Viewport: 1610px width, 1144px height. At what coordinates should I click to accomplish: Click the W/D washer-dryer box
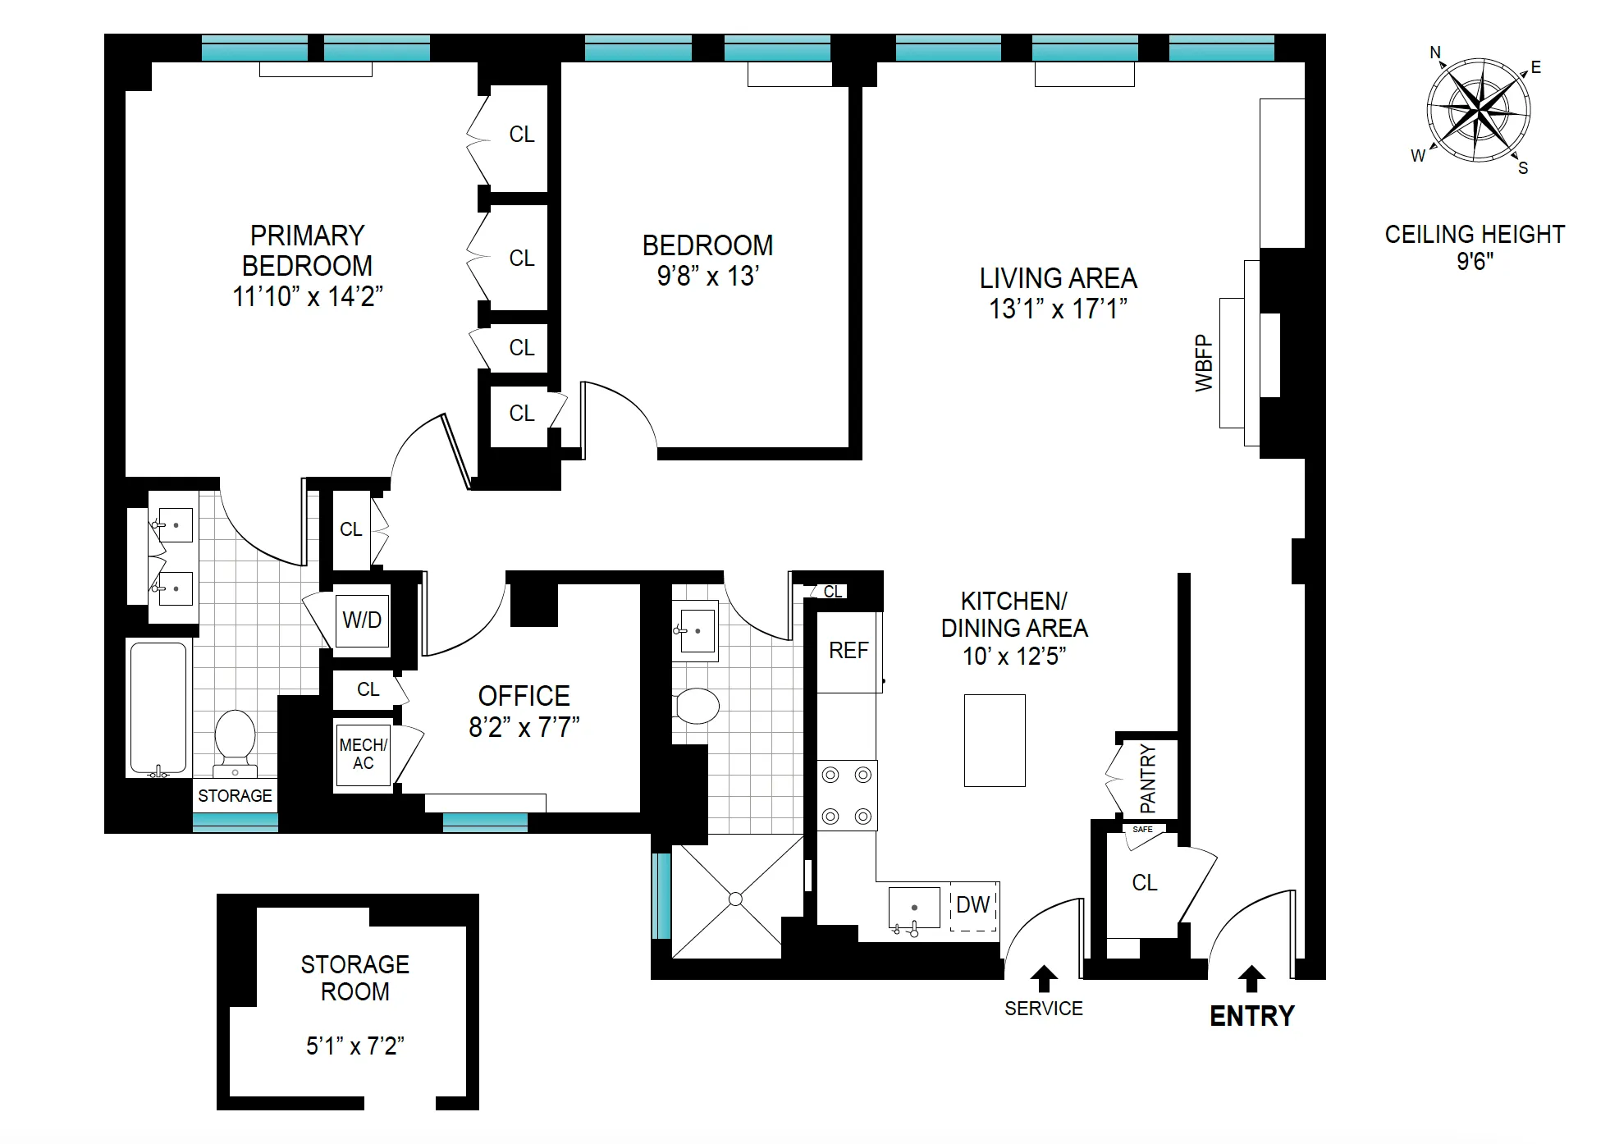click(362, 620)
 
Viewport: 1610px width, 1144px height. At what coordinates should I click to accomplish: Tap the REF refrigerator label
click(848, 651)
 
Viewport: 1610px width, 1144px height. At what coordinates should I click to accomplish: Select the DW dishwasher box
click(973, 905)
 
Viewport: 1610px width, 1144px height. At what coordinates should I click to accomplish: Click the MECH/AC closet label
click(363, 753)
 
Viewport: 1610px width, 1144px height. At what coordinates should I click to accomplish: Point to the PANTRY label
click(1148, 777)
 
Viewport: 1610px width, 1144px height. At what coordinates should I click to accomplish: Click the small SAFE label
click(1142, 830)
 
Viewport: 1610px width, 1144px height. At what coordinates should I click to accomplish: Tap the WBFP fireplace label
click(1203, 363)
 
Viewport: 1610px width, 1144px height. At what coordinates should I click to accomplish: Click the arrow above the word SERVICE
click(1044, 978)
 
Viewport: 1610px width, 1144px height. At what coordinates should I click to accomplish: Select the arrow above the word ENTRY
click(1251, 978)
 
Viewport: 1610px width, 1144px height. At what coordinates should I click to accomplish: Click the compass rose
click(1478, 109)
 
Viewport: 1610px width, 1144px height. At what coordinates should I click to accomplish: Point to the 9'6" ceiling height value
click(1475, 262)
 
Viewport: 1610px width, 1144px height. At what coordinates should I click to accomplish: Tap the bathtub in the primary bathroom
click(158, 707)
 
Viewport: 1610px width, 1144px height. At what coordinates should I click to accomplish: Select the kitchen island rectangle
click(995, 740)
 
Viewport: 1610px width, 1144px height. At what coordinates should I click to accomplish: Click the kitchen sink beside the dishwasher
click(914, 907)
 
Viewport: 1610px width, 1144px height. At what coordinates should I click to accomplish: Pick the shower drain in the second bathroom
click(736, 899)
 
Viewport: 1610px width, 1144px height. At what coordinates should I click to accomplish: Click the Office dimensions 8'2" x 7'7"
click(524, 727)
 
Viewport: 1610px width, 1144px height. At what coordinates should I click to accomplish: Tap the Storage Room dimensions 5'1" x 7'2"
click(354, 1046)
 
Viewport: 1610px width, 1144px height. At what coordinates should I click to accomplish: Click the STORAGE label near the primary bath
click(235, 795)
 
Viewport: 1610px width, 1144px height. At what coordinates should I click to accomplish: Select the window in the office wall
click(485, 822)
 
